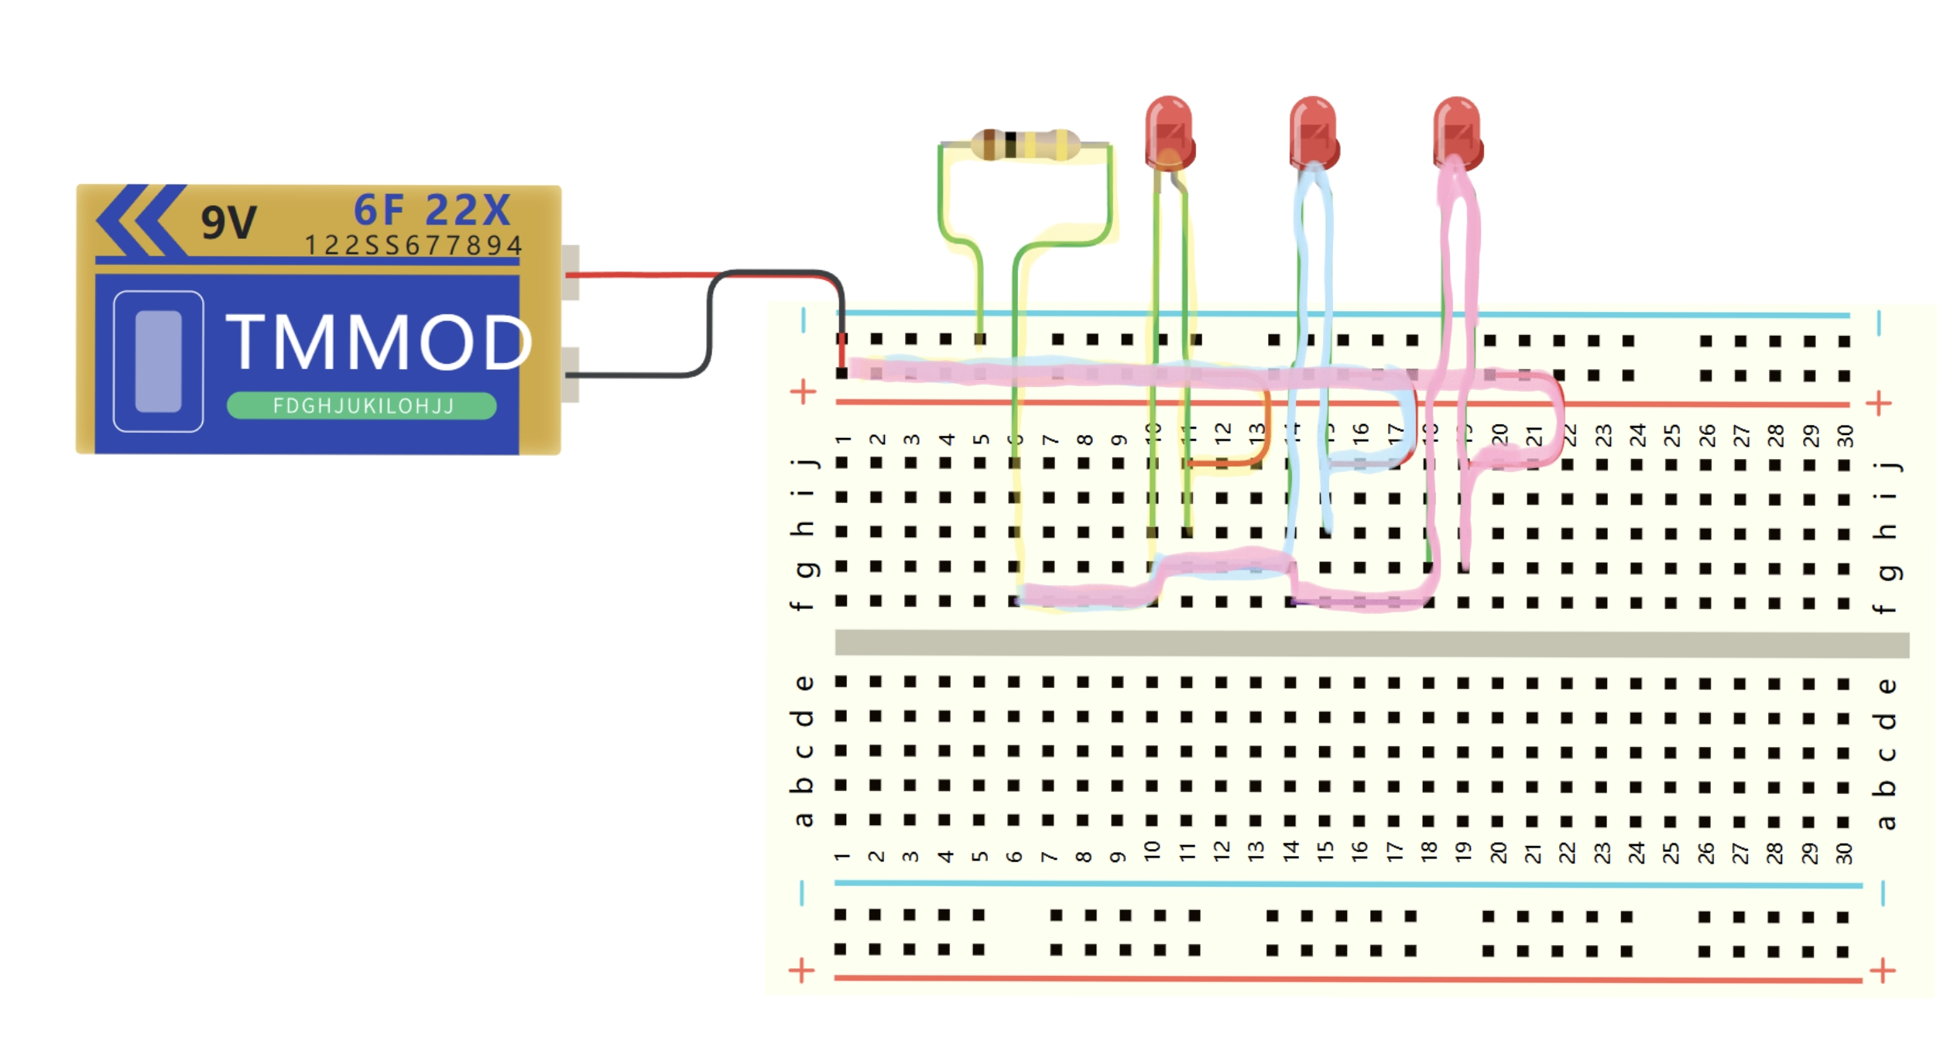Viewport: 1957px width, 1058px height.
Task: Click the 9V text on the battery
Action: pyautogui.click(x=228, y=223)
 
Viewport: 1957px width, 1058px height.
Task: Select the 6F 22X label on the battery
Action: pyautogui.click(x=432, y=210)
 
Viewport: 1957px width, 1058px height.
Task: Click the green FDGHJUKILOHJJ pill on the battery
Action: pyautogui.click(x=362, y=406)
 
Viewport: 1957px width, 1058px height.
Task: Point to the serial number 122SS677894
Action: pyautogui.click(x=413, y=245)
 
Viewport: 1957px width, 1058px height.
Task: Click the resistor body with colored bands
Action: pyautogui.click(x=1025, y=145)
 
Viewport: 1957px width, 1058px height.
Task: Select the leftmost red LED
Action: pyautogui.click(x=1169, y=132)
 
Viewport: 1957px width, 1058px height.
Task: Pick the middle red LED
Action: pyautogui.click(x=1314, y=132)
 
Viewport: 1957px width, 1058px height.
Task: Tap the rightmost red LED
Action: pyautogui.click(x=1458, y=132)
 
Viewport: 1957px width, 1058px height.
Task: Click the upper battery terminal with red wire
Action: pyautogui.click(x=571, y=272)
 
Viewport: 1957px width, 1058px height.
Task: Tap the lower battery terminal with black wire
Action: pyautogui.click(x=571, y=375)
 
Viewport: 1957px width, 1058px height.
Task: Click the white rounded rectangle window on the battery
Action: pyautogui.click(x=159, y=361)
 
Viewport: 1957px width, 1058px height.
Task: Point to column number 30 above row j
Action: pyautogui.click(x=1846, y=436)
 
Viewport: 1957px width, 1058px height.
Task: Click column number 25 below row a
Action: pyautogui.click(x=1671, y=853)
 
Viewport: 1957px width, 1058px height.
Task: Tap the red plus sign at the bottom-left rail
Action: pyautogui.click(x=802, y=970)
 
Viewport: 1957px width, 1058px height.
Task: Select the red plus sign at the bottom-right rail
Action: pyautogui.click(x=1883, y=970)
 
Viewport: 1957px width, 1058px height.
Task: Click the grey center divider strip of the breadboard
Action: pyautogui.click(x=1370, y=643)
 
